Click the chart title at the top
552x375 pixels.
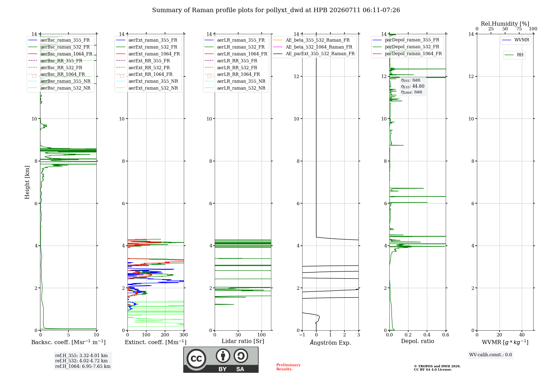click(276, 10)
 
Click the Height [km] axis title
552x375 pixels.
click(27, 182)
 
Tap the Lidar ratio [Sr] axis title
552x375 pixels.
click(243, 341)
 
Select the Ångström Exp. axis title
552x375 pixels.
click(330, 342)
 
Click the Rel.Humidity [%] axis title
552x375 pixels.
click(505, 24)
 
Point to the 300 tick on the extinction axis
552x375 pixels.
click(184, 335)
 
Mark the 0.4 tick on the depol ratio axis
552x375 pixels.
click(427, 335)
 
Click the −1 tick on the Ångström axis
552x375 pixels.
click(302, 335)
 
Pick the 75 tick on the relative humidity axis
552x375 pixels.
click(519, 29)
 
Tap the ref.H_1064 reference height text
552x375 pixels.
click(83, 366)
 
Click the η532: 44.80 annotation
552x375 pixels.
click(413, 86)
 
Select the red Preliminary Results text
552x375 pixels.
click(288, 367)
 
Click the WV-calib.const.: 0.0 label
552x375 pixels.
click(490, 355)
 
